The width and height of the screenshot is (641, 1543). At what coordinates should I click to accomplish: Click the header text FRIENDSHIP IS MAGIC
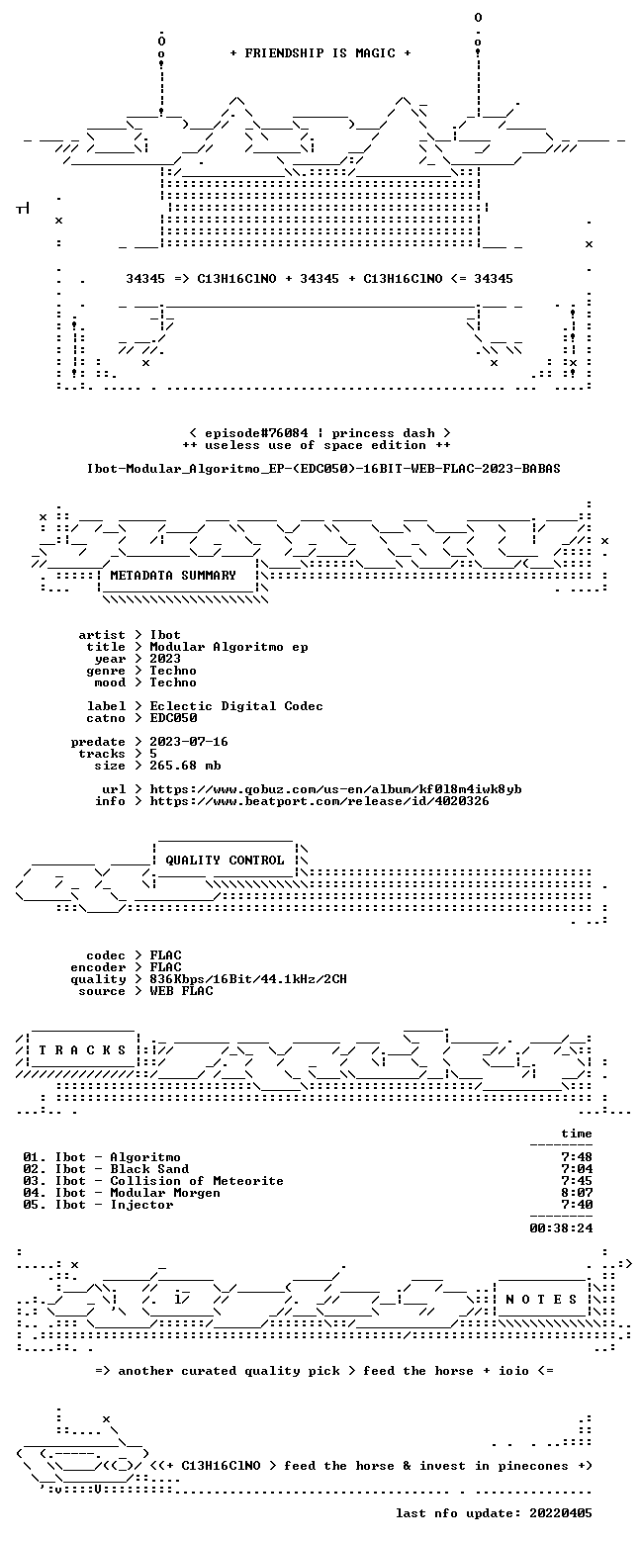pos(320,53)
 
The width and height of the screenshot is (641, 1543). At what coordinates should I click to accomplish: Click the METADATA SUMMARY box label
pos(173,576)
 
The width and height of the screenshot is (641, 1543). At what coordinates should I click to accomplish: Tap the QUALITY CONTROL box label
pos(225,860)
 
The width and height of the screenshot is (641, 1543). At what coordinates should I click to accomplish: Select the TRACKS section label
pos(83,1049)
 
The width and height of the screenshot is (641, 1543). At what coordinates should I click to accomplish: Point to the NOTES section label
pos(542,1299)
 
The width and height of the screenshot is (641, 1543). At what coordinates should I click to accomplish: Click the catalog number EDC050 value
pos(174,718)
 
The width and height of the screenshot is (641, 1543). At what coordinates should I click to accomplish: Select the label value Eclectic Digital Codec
pos(236,706)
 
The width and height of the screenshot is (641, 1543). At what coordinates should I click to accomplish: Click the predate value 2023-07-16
pos(189,742)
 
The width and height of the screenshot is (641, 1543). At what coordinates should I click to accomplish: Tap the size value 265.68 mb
pos(185,766)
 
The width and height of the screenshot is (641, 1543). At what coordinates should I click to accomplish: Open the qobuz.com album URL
pos(335,788)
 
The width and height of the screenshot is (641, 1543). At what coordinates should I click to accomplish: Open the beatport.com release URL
pos(320,801)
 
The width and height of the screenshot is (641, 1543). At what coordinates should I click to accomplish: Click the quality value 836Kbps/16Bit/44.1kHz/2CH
pos(248,979)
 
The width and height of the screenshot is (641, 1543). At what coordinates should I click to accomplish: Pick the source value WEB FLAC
pos(181,990)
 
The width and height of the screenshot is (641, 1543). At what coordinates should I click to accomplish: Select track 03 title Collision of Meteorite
pos(197,1181)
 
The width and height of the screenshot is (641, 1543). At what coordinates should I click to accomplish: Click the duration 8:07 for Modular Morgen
pos(577,1193)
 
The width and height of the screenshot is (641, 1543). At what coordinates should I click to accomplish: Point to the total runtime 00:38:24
pos(561,1227)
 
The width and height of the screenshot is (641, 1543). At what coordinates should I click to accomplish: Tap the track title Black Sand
pos(149,1169)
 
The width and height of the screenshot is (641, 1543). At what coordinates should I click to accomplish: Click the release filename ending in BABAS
pos(323,469)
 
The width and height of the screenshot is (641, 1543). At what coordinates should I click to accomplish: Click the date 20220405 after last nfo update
pos(561,1512)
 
